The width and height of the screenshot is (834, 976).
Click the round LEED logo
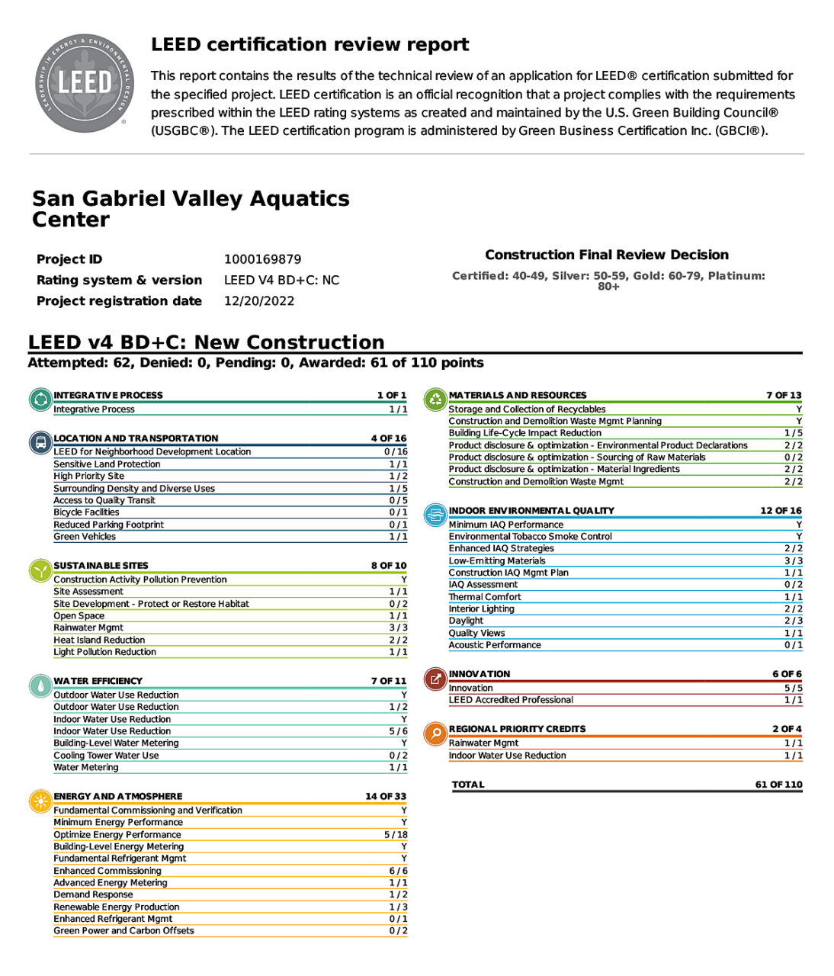coord(83,83)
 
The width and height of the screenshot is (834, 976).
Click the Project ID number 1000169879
coord(262,259)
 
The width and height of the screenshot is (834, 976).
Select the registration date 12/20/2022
coord(258,301)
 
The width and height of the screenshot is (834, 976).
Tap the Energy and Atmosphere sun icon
coord(40,801)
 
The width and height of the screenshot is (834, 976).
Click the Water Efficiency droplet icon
coord(40,685)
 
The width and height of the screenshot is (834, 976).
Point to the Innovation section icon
coord(435,679)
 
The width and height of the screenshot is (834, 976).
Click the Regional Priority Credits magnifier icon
coord(435,734)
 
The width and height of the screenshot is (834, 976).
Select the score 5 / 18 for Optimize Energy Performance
coord(396,835)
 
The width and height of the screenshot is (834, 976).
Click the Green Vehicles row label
coord(85,537)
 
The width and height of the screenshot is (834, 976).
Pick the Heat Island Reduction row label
coord(99,640)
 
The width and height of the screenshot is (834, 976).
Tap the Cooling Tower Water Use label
coord(106,756)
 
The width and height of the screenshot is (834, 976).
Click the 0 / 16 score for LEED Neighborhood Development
coord(396,452)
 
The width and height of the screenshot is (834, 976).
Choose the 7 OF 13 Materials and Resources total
coord(784,395)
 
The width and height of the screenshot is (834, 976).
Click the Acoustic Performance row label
coord(495,645)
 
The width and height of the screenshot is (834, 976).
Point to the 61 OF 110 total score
coord(778,785)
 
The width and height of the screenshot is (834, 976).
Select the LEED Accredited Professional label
coord(511,700)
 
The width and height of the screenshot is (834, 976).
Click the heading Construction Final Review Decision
coord(607,255)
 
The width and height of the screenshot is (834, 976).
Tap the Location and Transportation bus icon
coord(40,442)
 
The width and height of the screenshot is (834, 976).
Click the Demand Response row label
coord(93,894)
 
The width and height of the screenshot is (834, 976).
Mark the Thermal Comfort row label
coord(485,597)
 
